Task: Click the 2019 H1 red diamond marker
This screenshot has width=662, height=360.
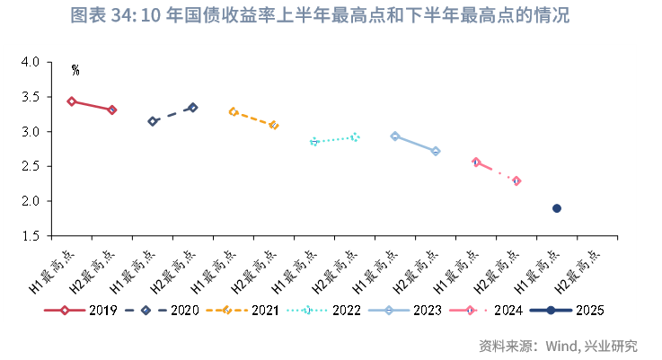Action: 71,101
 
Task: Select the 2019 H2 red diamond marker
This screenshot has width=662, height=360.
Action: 111,110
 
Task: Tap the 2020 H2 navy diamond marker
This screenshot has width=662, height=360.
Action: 193,108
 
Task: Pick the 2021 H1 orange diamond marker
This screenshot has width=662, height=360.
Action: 234,112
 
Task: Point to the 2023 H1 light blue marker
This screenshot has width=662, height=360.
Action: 395,136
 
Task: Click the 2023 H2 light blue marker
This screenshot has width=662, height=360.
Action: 436,151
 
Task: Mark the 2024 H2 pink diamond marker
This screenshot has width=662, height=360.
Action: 516,180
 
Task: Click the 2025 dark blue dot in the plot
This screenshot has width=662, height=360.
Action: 557,208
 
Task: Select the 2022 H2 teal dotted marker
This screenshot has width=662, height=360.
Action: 355,136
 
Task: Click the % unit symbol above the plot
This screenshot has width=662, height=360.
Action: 75,70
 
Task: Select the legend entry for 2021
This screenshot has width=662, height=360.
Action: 245,311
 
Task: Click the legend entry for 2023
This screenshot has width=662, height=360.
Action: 410,311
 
